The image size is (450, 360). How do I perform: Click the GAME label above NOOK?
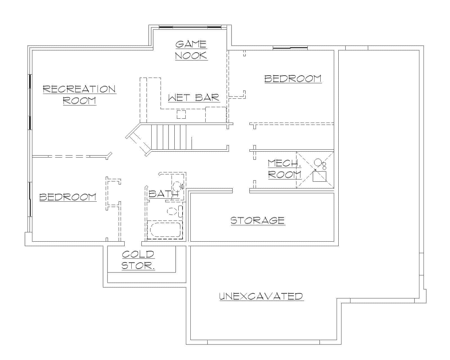(x=191, y=44)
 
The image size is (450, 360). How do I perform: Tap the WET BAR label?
(x=194, y=98)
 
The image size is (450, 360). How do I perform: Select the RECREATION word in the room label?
(x=79, y=89)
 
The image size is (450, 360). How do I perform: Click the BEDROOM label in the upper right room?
(x=293, y=78)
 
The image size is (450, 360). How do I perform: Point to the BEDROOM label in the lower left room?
(x=68, y=197)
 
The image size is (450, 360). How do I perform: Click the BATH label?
(x=163, y=194)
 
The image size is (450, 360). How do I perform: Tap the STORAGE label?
(x=258, y=220)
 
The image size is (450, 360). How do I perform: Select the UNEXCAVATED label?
(x=261, y=296)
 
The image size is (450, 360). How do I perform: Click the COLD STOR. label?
(x=138, y=260)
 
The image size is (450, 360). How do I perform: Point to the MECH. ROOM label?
(x=284, y=169)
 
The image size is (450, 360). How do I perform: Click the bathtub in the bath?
(x=165, y=229)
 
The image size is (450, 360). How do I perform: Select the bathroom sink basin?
(x=177, y=186)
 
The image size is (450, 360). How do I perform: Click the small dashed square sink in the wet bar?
(x=181, y=114)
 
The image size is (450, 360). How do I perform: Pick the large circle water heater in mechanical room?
(x=318, y=162)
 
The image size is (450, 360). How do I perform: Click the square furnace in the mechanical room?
(x=319, y=176)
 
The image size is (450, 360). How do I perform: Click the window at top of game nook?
(x=190, y=27)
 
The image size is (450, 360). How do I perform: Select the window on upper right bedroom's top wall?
(x=290, y=48)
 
